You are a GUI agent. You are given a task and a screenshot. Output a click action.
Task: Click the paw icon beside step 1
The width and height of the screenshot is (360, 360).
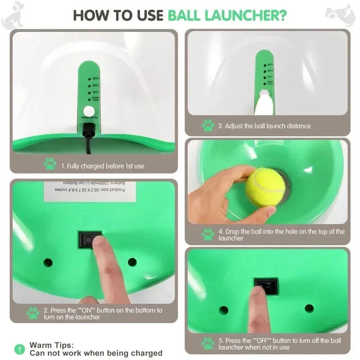[50, 164]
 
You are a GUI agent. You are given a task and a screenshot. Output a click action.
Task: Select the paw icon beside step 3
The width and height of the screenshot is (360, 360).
[207, 126]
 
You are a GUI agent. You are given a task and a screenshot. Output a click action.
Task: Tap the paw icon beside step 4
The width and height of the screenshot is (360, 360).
[207, 234]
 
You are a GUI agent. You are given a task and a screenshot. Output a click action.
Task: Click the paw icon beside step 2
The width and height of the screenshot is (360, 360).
[33, 313]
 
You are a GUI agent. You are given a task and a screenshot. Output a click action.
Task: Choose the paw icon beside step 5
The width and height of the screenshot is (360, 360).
[207, 343]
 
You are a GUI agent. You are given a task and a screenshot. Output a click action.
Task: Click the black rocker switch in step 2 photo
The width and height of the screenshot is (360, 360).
[90, 239]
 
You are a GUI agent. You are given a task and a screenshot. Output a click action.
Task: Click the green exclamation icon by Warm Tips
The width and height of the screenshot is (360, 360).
[19, 349]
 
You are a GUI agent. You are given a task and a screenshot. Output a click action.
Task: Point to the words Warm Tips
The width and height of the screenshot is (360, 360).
[51, 345]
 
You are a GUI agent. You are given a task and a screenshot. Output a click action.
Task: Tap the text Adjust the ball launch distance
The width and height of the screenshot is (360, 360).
[264, 126]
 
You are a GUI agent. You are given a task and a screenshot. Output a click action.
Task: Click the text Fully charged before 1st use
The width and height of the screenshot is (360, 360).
[103, 166]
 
